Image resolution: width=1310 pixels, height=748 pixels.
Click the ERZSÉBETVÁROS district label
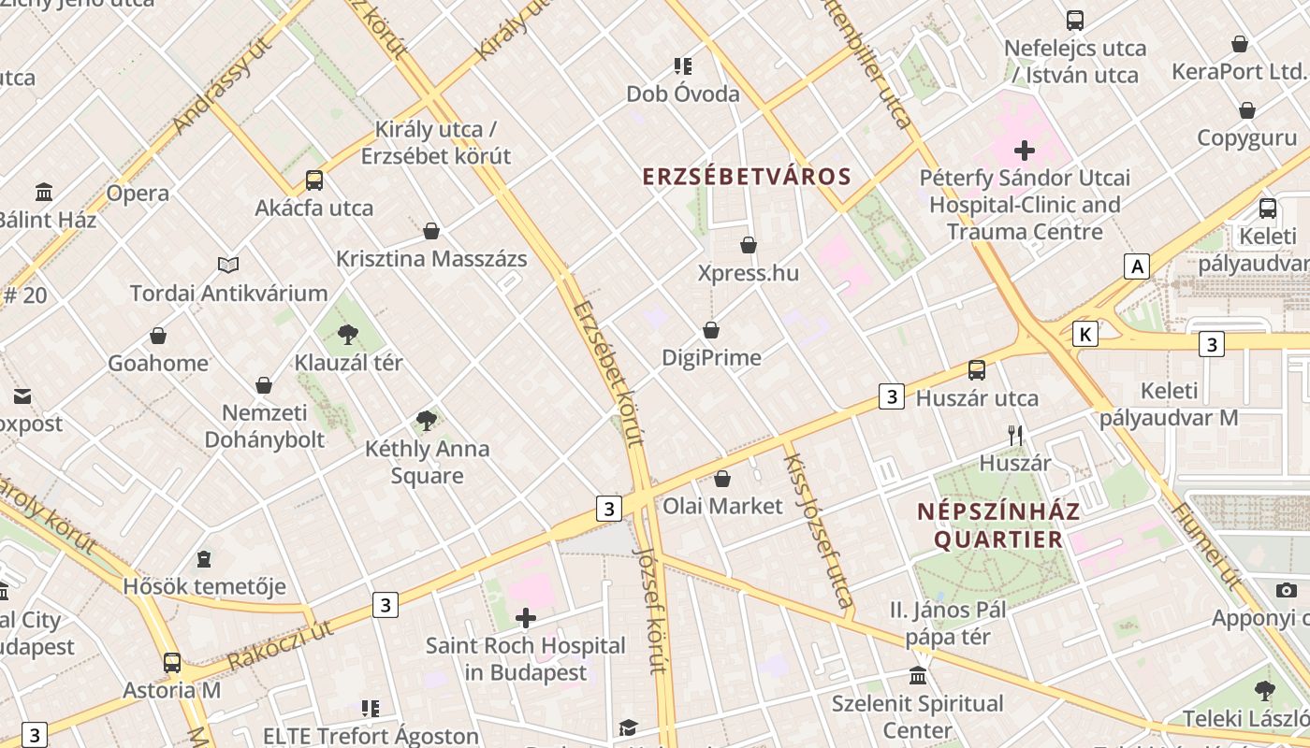tap(747, 177)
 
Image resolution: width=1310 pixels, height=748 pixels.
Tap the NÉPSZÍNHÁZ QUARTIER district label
tap(998, 525)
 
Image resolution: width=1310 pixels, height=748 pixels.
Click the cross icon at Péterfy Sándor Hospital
tap(1025, 150)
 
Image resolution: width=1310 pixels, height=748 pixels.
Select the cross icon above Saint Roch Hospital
tap(526, 618)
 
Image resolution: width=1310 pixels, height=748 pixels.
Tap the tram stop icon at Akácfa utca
tap(314, 180)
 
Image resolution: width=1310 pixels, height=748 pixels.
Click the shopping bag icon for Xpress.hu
tap(749, 245)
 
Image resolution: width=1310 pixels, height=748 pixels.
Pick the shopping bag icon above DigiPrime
tap(711, 330)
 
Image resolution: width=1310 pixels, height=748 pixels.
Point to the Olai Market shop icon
tap(722, 479)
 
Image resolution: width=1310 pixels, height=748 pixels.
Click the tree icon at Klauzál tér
tap(348, 334)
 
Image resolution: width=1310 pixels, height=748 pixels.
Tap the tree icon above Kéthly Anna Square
tap(427, 421)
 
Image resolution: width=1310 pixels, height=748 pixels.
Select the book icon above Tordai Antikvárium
tap(228, 266)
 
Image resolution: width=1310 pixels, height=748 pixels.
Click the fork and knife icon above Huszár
tap(1015, 435)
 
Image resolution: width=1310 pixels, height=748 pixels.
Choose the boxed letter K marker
tap(1085, 334)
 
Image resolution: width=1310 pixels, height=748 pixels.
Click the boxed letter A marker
tap(1137, 266)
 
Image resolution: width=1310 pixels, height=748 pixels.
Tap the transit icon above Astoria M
tap(172, 663)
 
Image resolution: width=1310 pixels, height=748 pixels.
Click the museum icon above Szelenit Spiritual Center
tap(918, 675)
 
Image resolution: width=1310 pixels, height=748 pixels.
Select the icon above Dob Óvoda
tap(683, 66)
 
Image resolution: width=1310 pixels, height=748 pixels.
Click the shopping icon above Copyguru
tap(1247, 110)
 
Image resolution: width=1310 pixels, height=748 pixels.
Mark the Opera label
tap(138, 194)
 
